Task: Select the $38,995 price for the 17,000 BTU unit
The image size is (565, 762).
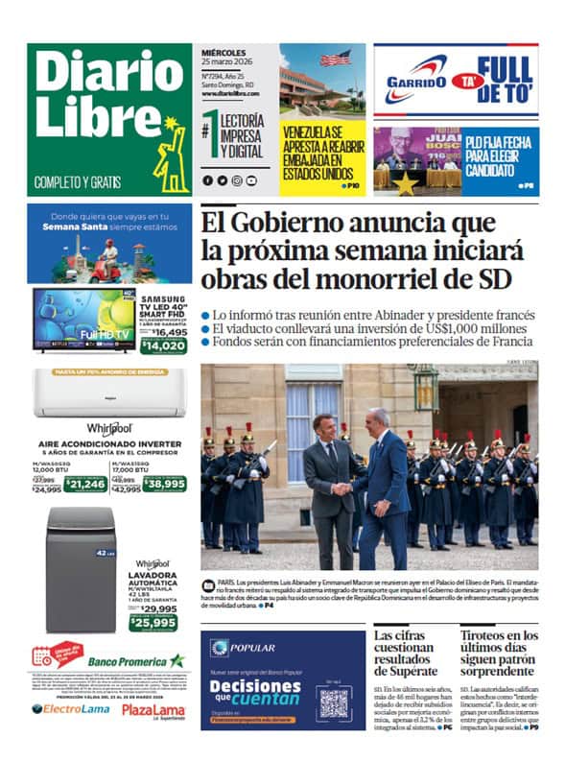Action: pyautogui.click(x=165, y=484)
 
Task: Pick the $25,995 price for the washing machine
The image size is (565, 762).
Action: pyautogui.click(x=153, y=622)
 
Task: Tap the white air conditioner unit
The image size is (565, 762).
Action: pyautogui.click(x=109, y=393)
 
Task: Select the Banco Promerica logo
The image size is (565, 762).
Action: pyautogui.click(x=135, y=661)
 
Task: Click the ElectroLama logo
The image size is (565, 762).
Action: pyautogui.click(x=70, y=709)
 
